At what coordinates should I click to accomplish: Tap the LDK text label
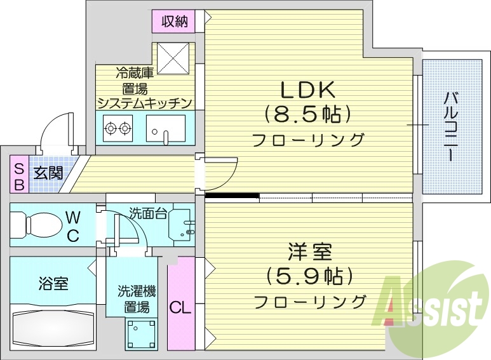(308, 89)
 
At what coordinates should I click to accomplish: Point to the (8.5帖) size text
(308, 114)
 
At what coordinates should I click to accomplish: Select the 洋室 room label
(310, 252)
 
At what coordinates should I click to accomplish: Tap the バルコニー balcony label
(452, 127)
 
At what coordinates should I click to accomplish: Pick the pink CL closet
(180, 309)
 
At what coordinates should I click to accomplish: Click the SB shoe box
(19, 176)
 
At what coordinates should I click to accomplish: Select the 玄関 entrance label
(48, 173)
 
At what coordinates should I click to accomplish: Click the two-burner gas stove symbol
(118, 129)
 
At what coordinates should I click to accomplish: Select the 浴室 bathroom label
(52, 283)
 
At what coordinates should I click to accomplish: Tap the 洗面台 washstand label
(148, 213)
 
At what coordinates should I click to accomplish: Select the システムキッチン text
(144, 102)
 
